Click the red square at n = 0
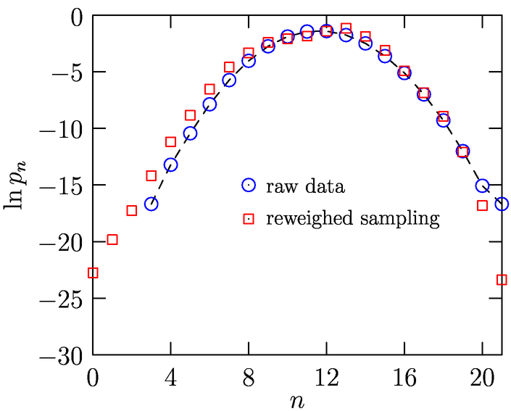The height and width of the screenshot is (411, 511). pos(93,273)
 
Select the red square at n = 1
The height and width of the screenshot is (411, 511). pos(112,240)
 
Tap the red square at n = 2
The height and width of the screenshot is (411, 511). pos(132,211)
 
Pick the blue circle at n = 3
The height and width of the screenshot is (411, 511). pos(151,204)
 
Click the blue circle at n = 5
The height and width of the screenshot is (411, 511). pos(190,133)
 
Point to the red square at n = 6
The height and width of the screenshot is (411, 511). pos(209,89)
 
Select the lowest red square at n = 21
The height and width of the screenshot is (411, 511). pos(502,280)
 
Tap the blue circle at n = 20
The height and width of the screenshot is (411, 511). pos(482,186)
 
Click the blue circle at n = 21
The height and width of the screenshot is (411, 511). pos(502,204)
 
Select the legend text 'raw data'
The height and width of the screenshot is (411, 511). pos(305,186)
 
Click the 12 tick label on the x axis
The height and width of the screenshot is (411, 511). pos(326,377)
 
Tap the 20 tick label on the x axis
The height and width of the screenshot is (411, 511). pos(482,377)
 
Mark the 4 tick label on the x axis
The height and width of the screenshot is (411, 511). pos(170,377)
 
